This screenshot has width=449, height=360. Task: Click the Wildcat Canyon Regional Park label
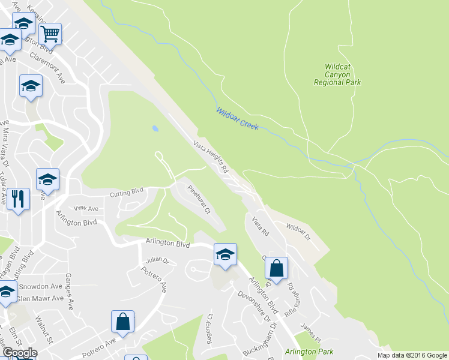(x=337, y=74)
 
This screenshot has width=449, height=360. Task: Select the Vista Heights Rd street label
(x=211, y=157)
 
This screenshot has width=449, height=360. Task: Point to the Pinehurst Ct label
(x=199, y=199)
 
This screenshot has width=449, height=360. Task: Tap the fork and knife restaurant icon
(x=17, y=198)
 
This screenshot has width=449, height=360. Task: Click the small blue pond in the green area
(x=155, y=128)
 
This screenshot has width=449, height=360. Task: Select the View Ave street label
(x=85, y=208)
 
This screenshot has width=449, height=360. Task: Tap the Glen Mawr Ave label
(x=40, y=298)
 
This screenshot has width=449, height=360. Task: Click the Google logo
(x=19, y=353)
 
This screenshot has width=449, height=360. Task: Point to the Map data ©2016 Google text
(x=412, y=355)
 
